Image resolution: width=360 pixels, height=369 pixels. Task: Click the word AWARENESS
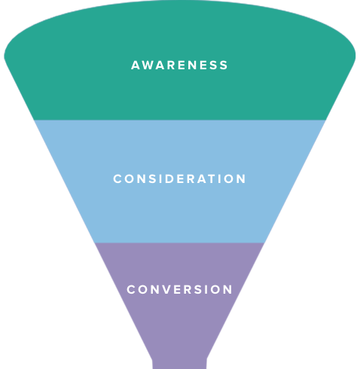click(179, 66)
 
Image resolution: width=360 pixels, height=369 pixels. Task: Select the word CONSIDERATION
click(179, 178)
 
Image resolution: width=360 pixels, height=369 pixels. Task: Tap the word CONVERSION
click(179, 289)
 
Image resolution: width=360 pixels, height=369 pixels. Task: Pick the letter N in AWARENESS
click(193, 66)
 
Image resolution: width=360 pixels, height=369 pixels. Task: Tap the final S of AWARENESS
click(224, 66)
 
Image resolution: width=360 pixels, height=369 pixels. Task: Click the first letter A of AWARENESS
click(136, 66)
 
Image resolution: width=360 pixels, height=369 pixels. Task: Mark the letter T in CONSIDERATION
click(213, 178)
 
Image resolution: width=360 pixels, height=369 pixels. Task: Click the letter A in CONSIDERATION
click(202, 178)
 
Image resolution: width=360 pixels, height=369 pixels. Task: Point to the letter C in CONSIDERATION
click(117, 178)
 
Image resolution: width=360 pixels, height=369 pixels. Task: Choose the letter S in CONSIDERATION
click(153, 178)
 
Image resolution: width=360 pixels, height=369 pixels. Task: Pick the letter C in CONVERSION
click(131, 289)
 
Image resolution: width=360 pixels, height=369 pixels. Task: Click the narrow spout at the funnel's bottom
click(179, 364)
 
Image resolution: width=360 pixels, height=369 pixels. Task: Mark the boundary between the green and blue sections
click(180, 120)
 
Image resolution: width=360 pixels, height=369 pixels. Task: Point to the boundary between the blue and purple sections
click(179, 242)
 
